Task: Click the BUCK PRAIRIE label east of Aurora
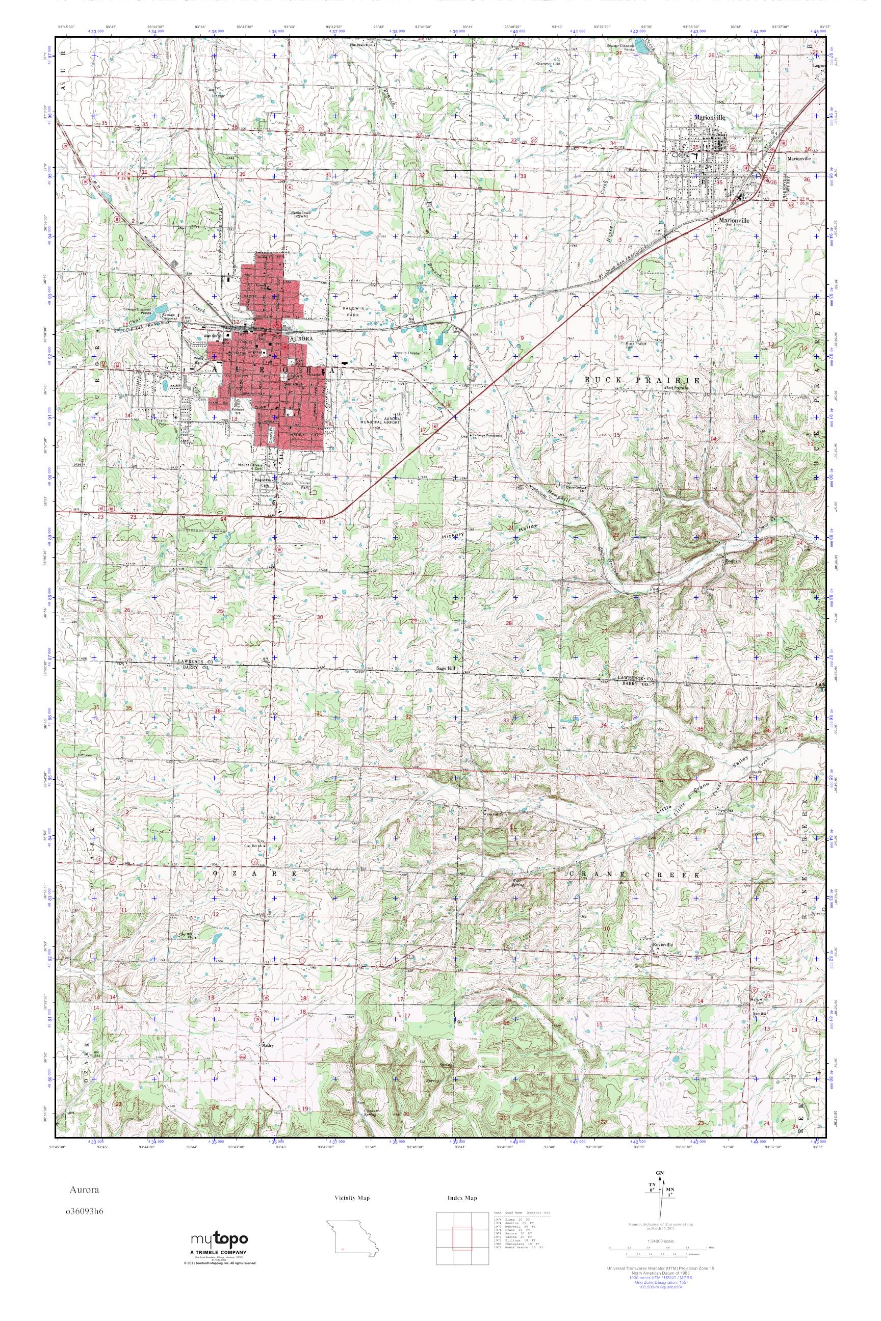click(x=643, y=380)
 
